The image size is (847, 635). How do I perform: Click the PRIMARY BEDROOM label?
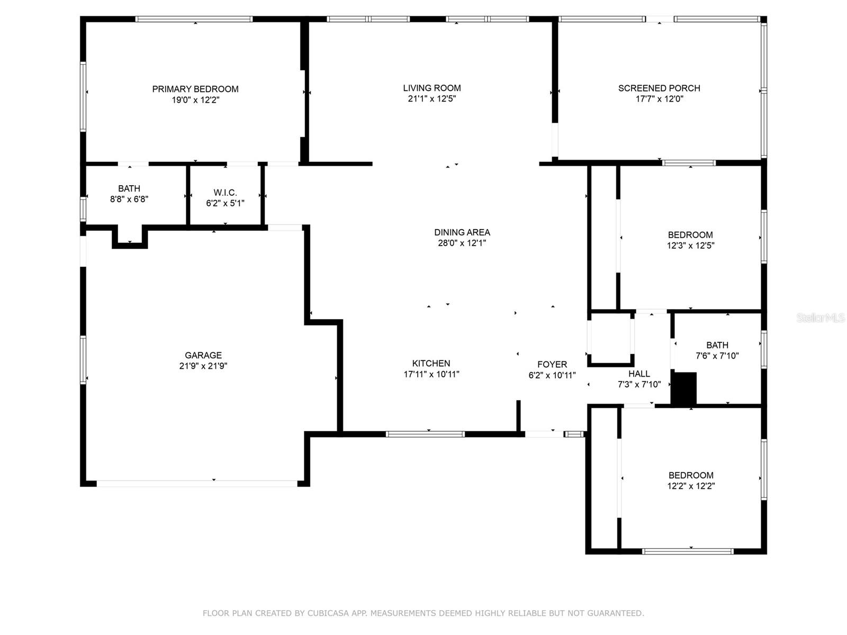coord(195,89)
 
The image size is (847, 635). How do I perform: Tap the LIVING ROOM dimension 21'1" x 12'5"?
coord(431,99)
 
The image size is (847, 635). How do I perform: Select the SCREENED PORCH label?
coord(659,88)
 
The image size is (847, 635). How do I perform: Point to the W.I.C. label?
coord(225,193)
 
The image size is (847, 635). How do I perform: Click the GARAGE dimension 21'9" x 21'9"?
coord(203,366)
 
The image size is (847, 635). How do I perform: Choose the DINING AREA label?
coord(462,232)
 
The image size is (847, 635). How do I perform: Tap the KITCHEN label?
coord(431,364)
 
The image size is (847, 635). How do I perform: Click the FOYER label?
coord(552,365)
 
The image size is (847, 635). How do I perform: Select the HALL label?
coord(639,374)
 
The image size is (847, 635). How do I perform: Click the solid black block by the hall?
coord(684,389)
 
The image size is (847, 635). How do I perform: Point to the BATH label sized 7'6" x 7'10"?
coord(717,345)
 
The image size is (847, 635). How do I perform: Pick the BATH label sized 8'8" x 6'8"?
coord(129,189)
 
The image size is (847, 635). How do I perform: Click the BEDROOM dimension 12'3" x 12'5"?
coord(690,246)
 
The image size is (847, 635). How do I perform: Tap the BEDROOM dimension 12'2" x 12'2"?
coord(691,486)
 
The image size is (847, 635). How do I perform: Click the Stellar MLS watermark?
coord(821,318)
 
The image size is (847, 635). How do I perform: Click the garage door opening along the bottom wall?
coord(197,483)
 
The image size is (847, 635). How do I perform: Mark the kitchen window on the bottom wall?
coord(426,434)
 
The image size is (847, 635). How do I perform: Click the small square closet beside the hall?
coord(610,339)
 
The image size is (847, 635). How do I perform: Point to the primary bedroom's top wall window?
coord(194,19)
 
